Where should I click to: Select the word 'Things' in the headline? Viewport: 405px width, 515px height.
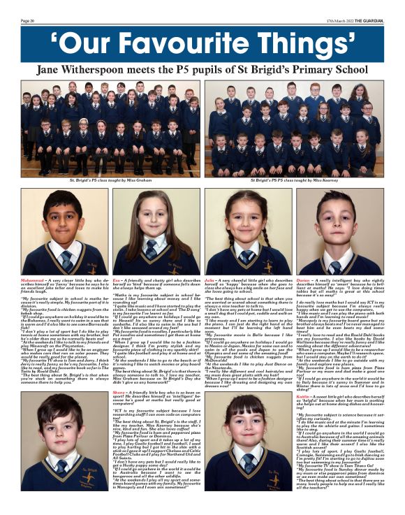coord(298,42)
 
